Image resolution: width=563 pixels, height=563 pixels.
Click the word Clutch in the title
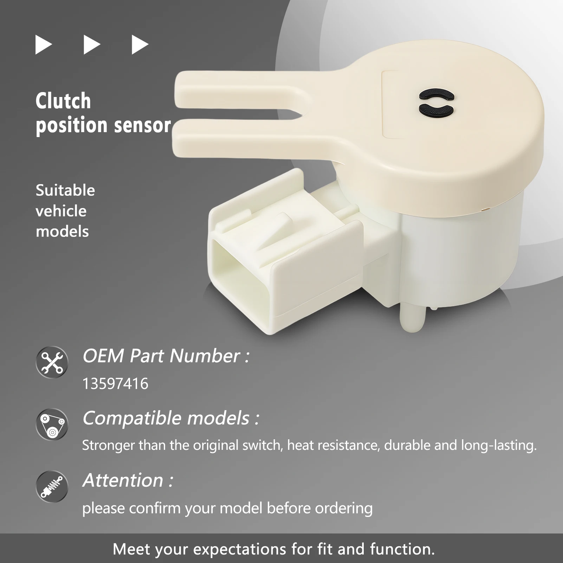tap(63, 101)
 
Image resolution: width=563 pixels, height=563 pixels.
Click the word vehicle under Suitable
tap(61, 211)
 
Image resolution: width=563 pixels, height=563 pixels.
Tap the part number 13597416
tap(115, 384)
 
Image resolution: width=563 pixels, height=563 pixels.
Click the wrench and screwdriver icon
tap(52, 362)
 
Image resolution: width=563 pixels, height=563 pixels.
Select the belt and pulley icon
tap(52, 424)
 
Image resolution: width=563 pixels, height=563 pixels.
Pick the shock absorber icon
tap(52, 486)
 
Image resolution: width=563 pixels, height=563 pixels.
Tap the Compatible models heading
tap(171, 418)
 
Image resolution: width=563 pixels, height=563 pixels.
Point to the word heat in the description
tap(299, 445)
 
